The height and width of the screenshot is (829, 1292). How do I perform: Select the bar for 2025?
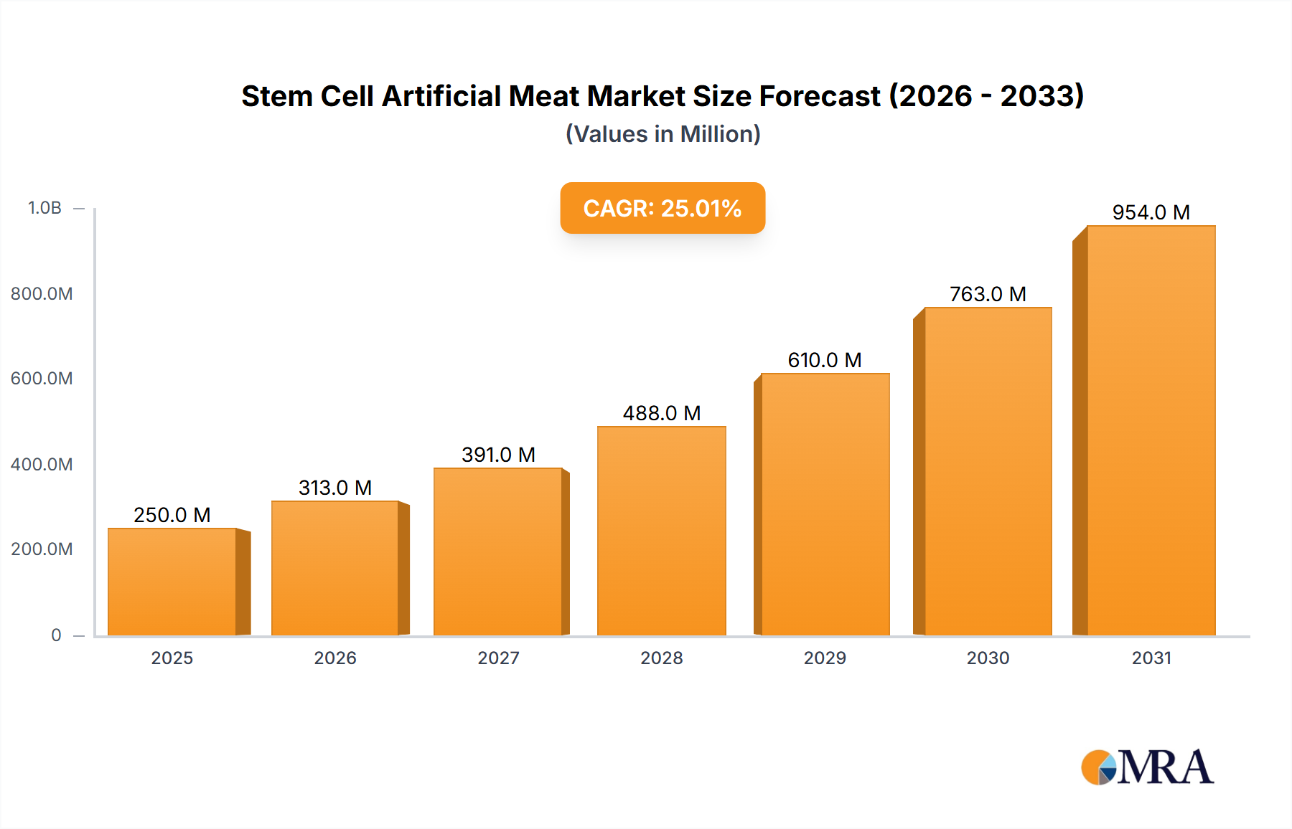click(x=172, y=582)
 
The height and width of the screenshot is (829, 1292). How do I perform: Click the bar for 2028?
click(x=661, y=531)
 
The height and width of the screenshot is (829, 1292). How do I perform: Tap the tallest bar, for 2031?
click(x=1151, y=430)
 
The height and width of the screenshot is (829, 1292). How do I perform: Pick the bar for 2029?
click(x=825, y=504)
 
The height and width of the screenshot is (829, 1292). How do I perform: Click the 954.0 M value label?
click(x=1151, y=212)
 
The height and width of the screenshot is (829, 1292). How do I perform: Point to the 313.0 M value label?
click(x=335, y=488)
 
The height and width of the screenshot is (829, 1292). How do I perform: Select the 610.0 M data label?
click(x=825, y=360)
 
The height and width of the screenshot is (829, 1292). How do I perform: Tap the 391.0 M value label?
click(x=498, y=455)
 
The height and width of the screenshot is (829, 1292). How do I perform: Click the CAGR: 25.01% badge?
click(x=662, y=208)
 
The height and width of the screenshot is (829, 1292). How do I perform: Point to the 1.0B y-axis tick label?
click(x=45, y=208)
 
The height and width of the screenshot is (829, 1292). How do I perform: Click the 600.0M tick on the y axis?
click(x=42, y=379)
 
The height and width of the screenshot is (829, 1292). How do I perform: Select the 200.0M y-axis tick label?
click(x=42, y=549)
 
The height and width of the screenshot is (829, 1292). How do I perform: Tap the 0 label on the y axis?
click(x=56, y=635)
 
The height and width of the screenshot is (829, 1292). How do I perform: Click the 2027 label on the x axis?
click(x=498, y=658)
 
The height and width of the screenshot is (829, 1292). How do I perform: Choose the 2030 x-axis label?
click(x=988, y=658)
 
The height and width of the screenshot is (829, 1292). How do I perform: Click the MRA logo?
click(x=1147, y=767)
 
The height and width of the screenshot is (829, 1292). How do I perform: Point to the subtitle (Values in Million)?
click(x=663, y=134)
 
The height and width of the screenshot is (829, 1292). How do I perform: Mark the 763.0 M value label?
click(x=988, y=294)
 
